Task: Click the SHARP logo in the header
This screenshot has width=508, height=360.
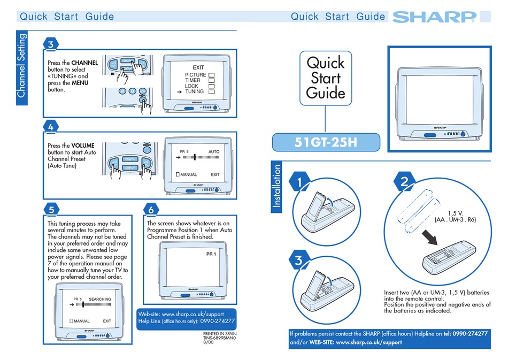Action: click(434, 17)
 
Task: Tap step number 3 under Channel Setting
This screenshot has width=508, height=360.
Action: click(50, 45)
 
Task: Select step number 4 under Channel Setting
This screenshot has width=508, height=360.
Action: click(50, 127)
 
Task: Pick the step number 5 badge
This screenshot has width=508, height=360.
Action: click(50, 209)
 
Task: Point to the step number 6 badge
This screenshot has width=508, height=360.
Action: click(151, 209)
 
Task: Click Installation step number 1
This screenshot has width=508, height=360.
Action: click(301, 182)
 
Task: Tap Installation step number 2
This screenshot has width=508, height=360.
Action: click(404, 182)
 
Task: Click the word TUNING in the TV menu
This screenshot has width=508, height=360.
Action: click(195, 91)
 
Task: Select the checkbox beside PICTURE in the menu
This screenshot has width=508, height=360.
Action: click(211, 75)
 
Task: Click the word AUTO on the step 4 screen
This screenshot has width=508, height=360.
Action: click(214, 152)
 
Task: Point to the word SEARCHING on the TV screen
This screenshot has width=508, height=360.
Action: click(100, 298)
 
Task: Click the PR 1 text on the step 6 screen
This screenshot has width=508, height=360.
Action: click(211, 254)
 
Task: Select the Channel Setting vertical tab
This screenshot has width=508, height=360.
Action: click(21, 66)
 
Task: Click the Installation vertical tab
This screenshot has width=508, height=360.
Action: click(277, 188)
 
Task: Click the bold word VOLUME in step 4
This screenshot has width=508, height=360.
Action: click(83, 145)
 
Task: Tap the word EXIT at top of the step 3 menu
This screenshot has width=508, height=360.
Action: click(198, 67)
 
